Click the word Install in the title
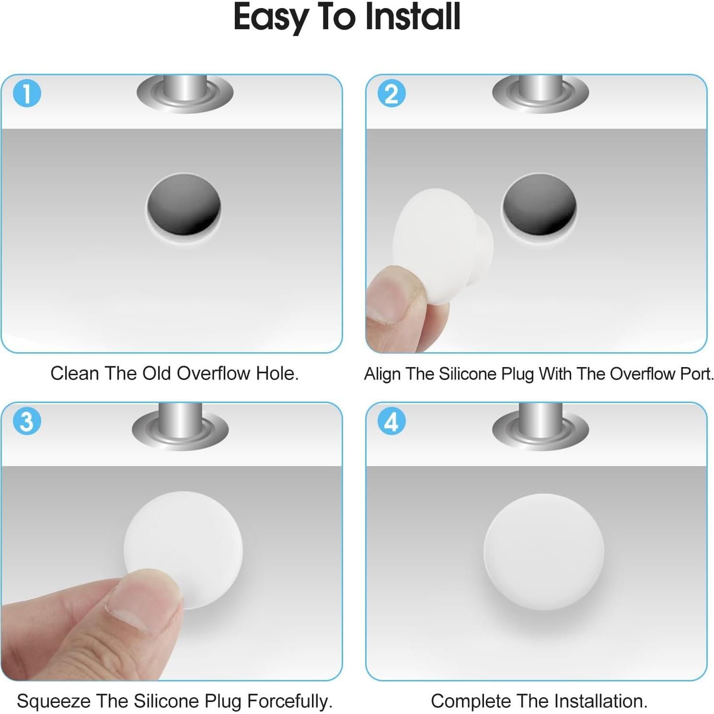pos(413,17)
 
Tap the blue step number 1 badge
pos(27,93)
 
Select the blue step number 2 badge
pos(392,93)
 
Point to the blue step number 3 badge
pos(27,421)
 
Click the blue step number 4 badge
pos(392,421)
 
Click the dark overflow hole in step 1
pos(184,205)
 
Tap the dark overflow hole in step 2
pos(539,205)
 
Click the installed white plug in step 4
pos(543,552)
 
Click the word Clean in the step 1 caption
pos(74,373)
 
